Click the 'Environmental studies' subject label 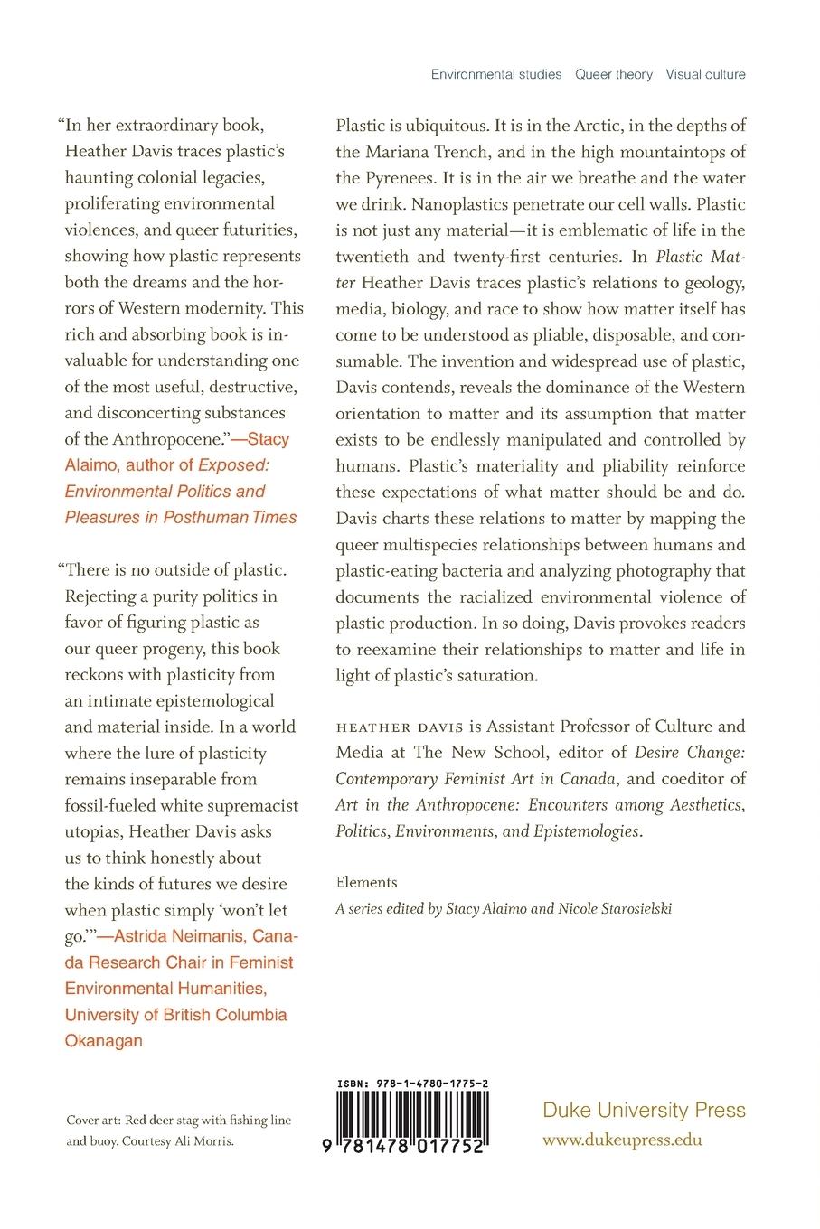(x=496, y=74)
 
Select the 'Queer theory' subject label (x=614, y=74)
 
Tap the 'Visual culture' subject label (x=706, y=74)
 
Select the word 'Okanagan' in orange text (x=104, y=1041)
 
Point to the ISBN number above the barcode (x=414, y=1082)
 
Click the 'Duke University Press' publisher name (x=644, y=1111)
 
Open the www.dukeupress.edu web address (x=622, y=1140)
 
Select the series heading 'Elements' (x=366, y=882)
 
